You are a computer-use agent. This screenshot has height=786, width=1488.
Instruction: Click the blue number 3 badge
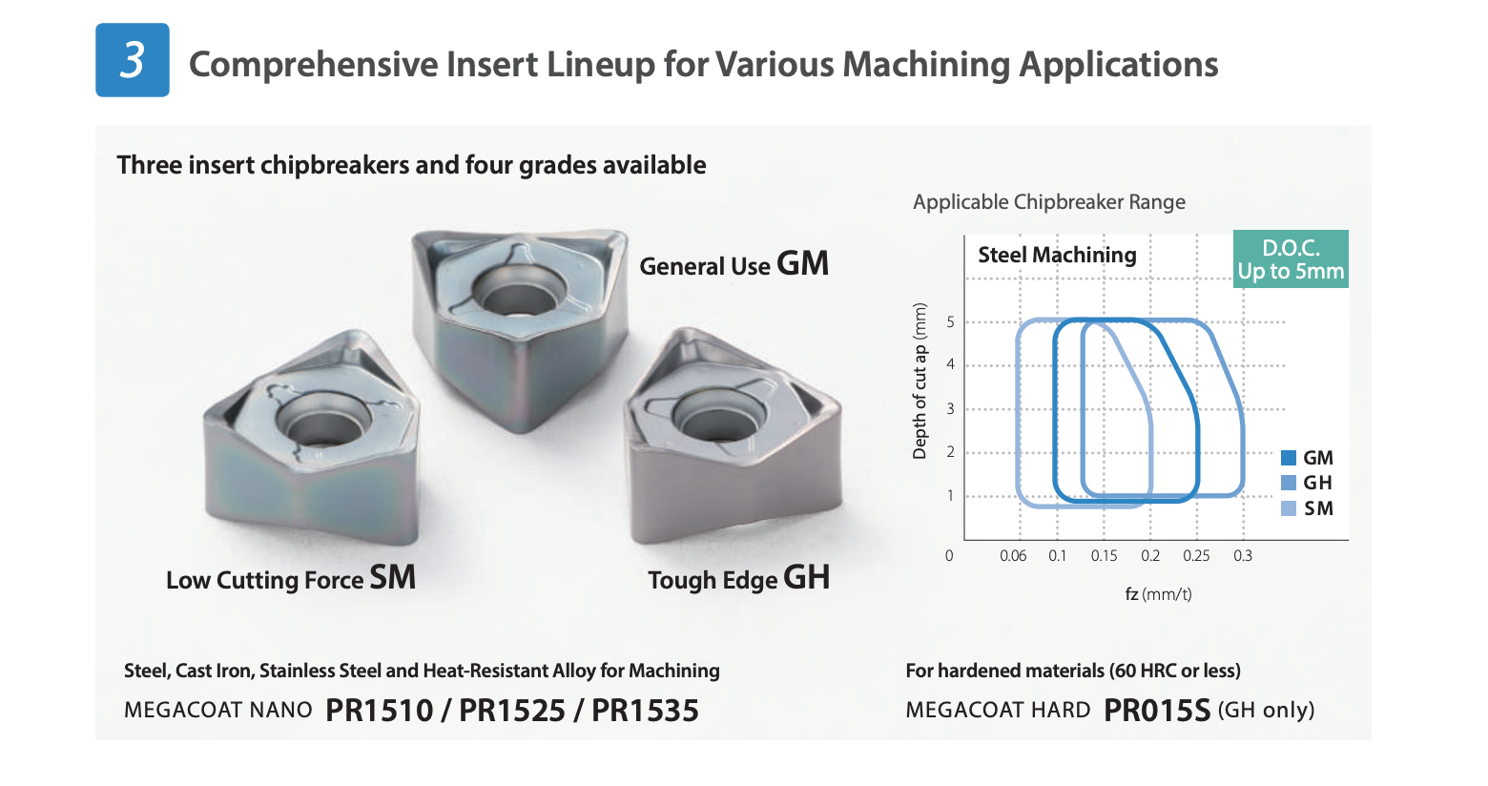[x=133, y=60]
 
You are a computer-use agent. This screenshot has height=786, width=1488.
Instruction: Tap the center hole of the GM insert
[x=519, y=293]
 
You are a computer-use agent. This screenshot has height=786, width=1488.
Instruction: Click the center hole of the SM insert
[x=323, y=421]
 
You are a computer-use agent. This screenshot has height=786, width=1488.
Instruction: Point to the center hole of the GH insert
[x=717, y=417]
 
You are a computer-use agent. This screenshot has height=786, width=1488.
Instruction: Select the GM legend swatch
[x=1288, y=458]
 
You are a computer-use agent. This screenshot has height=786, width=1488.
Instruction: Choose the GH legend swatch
[x=1288, y=483]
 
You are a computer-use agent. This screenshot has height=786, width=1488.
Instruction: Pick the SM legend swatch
[x=1288, y=508]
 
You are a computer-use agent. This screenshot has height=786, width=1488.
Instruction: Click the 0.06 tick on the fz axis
[x=1013, y=555]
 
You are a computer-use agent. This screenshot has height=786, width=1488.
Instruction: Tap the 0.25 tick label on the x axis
[x=1196, y=555]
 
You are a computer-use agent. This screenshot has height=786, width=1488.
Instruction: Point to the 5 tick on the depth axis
[x=951, y=322]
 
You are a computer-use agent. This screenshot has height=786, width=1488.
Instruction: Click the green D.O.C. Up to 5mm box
[x=1291, y=259]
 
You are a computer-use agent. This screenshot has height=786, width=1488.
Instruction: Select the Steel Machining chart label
[x=1057, y=255]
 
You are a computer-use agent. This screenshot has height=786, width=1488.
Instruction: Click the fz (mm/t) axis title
[x=1158, y=594]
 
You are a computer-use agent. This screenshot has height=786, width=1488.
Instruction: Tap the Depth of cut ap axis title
[x=920, y=381]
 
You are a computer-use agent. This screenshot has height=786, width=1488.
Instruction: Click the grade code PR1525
[x=512, y=711]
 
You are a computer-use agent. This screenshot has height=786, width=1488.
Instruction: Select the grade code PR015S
[x=1157, y=711]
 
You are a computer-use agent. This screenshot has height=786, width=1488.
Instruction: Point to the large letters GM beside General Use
[x=802, y=263]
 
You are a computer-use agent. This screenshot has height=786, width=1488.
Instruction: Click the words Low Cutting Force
[x=264, y=580]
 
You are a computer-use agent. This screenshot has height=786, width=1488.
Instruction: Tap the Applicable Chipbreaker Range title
[x=1049, y=202]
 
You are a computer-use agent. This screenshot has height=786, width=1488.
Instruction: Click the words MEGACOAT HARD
[x=998, y=711]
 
